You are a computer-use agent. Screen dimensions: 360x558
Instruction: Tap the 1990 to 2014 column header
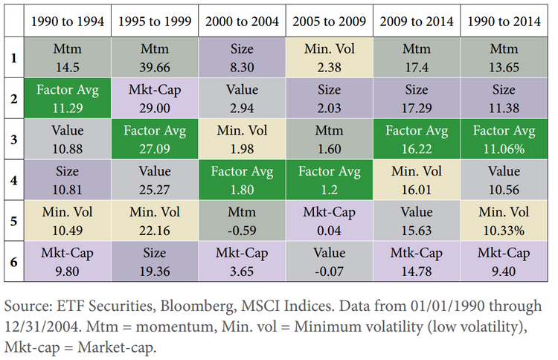(505, 21)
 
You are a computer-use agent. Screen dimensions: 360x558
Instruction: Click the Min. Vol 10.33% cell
(505, 220)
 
